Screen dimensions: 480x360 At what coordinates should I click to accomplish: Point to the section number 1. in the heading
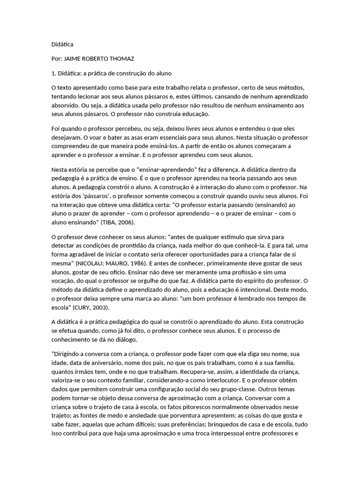click(x=53, y=74)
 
